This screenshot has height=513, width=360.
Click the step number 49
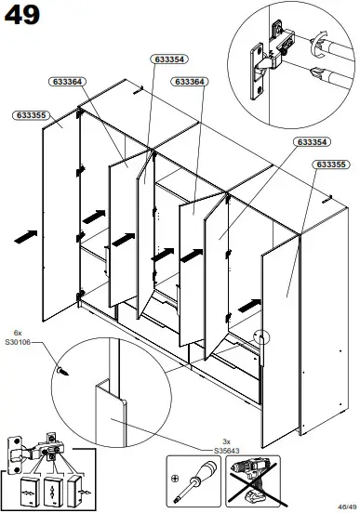click(21, 17)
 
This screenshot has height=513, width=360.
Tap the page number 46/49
click(343, 505)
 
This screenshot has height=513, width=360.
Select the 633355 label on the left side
click(33, 115)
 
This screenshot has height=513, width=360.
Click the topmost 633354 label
click(167, 59)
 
